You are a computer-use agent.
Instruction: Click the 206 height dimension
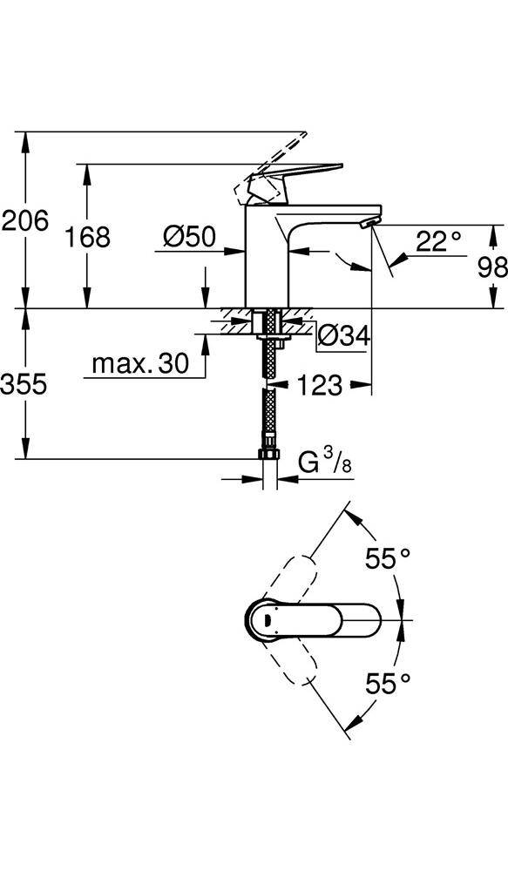[x=25, y=221]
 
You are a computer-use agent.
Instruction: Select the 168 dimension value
[x=88, y=237]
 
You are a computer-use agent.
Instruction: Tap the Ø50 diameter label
[x=189, y=237]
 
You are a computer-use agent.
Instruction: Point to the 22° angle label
[x=438, y=241]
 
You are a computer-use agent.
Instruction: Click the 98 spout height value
[x=492, y=267]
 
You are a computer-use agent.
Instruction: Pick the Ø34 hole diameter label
[x=343, y=335]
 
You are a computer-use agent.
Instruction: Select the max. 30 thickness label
[x=140, y=364]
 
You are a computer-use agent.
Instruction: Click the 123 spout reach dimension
[x=319, y=385]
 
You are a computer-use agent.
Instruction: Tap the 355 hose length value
[x=24, y=384]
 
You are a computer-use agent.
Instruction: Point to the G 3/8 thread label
[x=325, y=463]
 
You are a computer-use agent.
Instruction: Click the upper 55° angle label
[x=388, y=558]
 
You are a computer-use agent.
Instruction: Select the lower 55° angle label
[x=388, y=683]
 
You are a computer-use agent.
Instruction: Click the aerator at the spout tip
[x=369, y=223]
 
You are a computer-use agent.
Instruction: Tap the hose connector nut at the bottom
[x=269, y=453]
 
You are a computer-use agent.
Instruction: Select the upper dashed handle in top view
[x=290, y=581]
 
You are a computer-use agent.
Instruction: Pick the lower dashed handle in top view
[x=290, y=658]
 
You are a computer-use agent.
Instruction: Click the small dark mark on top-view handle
[x=268, y=620]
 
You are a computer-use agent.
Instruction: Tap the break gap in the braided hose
[x=269, y=387]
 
